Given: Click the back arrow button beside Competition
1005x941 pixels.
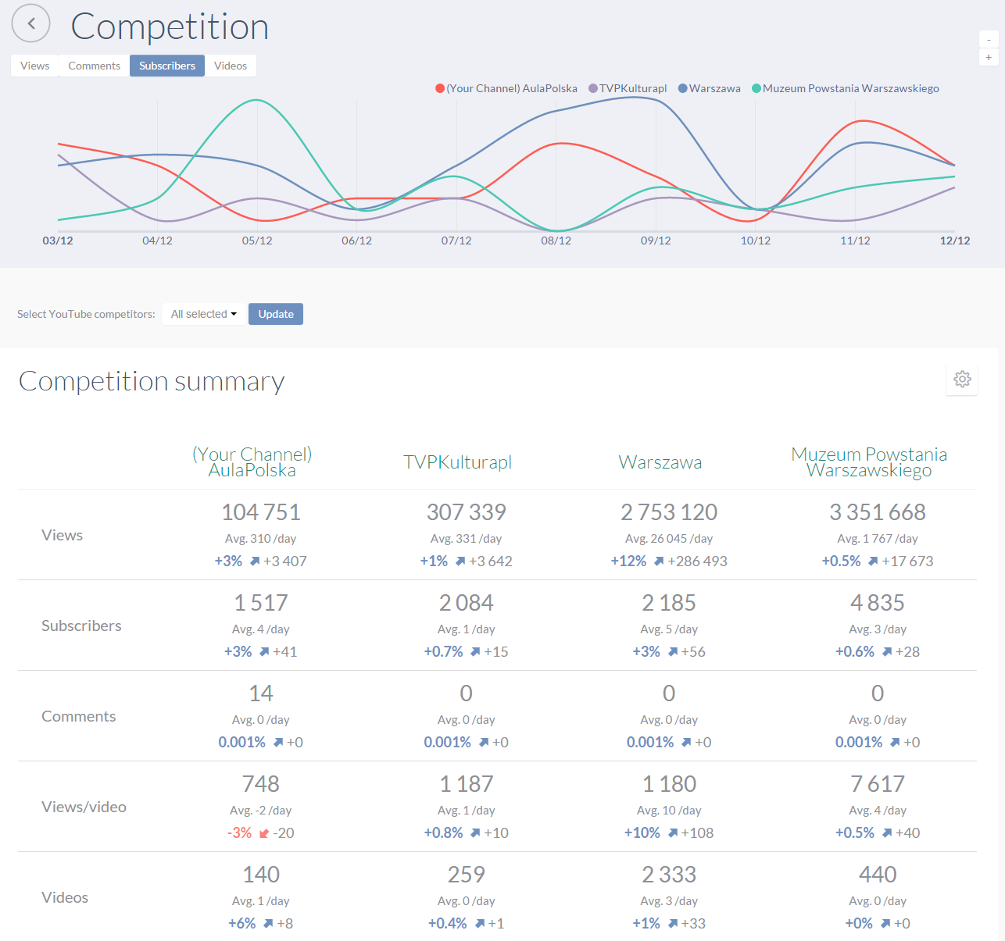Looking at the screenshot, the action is [30, 23].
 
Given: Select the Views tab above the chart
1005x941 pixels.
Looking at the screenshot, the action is [35, 66].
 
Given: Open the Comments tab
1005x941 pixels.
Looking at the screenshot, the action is [94, 66].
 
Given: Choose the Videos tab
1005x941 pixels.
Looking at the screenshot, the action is [231, 66].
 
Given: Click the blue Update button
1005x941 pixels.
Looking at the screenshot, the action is [276, 314].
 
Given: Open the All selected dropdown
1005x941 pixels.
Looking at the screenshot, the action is [204, 314].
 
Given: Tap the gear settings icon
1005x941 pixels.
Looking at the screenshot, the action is [962, 379].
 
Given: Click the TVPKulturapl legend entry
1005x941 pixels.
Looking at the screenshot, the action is [628, 88].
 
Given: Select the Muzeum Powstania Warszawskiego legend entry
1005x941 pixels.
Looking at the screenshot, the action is [846, 88].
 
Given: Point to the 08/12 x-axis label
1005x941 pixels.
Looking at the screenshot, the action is [556, 241].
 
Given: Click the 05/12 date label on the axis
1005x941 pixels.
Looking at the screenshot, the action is [257, 241].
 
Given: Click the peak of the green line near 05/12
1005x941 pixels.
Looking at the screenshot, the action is [257, 100].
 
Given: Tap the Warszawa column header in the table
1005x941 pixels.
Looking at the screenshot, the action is [660, 462].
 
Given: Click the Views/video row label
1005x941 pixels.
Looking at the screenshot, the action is [84, 807].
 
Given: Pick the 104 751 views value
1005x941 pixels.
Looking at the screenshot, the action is [261, 512].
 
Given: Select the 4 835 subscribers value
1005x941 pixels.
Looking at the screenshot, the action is [878, 603].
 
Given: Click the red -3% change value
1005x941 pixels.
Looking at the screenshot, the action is [239, 832].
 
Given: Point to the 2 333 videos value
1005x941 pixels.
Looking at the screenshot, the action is [669, 874].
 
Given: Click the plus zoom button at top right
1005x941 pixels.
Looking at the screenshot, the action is [989, 58].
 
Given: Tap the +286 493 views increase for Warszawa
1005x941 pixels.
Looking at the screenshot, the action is [697, 561].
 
